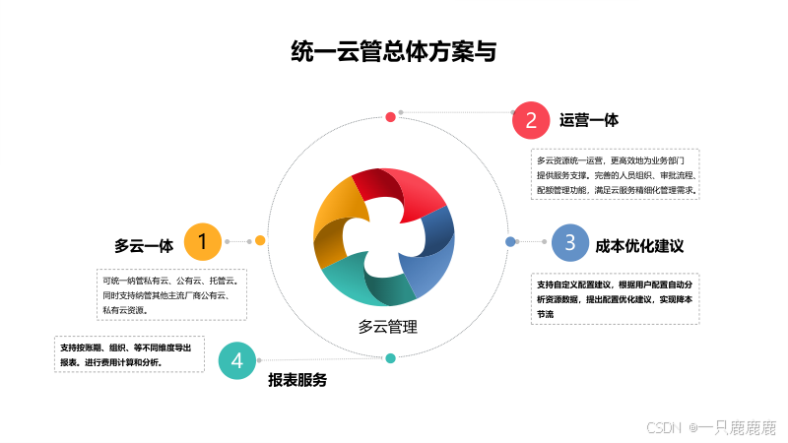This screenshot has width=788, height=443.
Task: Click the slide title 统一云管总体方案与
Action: click(394, 51)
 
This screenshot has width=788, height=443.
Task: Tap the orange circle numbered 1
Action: click(203, 241)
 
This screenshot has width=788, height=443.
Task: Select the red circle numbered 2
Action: click(531, 120)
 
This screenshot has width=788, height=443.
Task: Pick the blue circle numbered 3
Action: click(570, 242)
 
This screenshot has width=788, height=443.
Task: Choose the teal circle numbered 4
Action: click(237, 360)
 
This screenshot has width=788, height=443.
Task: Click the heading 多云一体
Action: click(144, 246)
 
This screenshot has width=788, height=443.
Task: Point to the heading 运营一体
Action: click(589, 120)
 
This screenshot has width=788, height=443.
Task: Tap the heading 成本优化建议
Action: click(639, 246)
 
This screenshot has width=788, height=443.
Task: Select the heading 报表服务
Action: click(297, 380)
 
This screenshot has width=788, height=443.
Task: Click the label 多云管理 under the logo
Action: click(387, 327)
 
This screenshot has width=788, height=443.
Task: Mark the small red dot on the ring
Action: click(390, 117)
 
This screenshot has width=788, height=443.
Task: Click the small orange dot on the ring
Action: click(260, 240)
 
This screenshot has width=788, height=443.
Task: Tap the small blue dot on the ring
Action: click(510, 241)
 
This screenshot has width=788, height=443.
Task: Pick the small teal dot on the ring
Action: click(390, 358)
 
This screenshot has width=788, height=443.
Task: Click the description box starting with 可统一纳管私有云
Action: click(171, 294)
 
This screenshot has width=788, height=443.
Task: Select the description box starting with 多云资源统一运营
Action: click(615, 174)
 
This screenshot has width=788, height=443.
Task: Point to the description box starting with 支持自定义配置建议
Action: click(615, 299)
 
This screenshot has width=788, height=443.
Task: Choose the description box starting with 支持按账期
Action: click(129, 354)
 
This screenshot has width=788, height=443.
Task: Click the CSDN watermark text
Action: click(711, 427)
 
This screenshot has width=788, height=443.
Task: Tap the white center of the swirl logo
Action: click(383, 235)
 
